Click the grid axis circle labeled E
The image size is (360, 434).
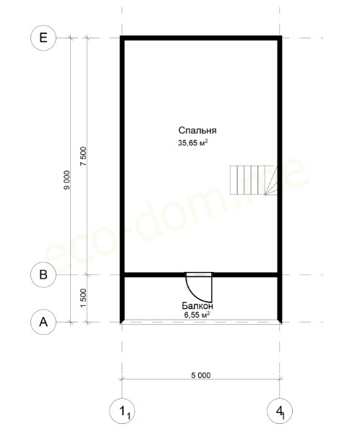coord(43,38)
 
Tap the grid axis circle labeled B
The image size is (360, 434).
coord(43,275)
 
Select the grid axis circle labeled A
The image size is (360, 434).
coord(43,322)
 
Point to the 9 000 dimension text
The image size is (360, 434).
coord(67,180)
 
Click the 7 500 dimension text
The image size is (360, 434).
coord(84,156)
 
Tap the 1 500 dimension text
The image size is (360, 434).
coord(84,298)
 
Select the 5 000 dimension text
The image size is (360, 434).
coord(201,375)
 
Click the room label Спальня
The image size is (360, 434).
coord(197,130)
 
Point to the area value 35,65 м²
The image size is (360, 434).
coord(193,142)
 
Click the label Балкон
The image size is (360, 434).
coord(197,306)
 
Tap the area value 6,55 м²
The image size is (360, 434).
coord(197,315)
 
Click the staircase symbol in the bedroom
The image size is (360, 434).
coord(254,180)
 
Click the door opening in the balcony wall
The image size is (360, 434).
coord(199,275)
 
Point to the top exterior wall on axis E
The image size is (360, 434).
coord(201,38)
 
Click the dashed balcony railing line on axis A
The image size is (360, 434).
coord(201,322)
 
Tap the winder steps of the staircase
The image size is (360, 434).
coord(271,180)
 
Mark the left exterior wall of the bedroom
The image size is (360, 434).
coord(122,156)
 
